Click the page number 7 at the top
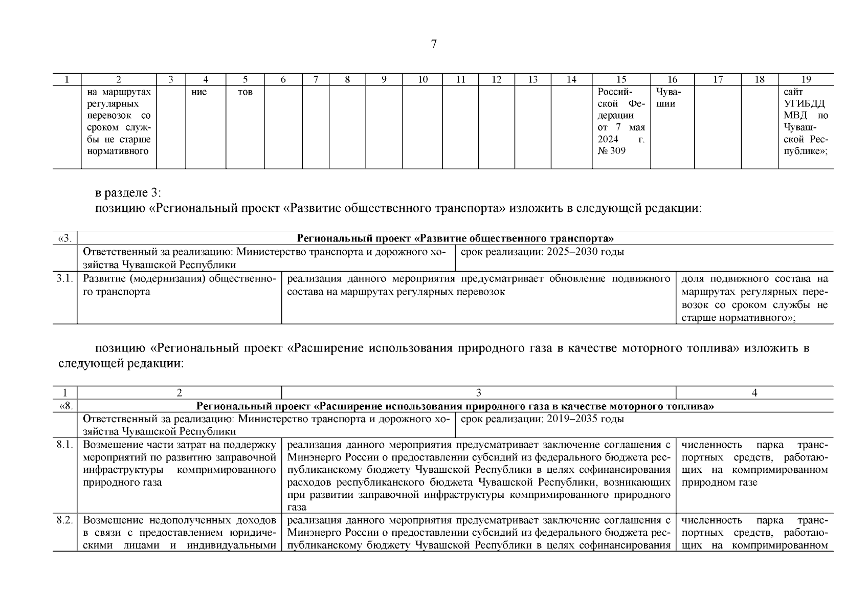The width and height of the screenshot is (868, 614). click(x=434, y=44)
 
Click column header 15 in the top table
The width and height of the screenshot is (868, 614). click(x=621, y=79)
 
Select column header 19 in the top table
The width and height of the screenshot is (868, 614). click(x=806, y=79)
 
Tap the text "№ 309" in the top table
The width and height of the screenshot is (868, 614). click(x=611, y=151)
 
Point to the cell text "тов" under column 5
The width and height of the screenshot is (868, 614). click(x=245, y=92)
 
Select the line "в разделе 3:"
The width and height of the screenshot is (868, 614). click(x=128, y=193)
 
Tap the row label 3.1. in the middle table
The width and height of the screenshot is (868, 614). click(x=65, y=279)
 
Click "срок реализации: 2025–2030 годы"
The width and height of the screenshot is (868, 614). click(x=542, y=252)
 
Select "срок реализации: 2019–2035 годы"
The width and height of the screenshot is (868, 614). click(x=542, y=419)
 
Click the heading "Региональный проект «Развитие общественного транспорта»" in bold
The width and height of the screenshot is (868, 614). click(x=455, y=238)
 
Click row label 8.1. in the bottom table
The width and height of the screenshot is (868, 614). click(x=65, y=445)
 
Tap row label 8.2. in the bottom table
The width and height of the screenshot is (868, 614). click(x=65, y=520)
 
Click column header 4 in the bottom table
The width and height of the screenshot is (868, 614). click(x=754, y=393)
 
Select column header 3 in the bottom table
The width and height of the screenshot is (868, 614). click(x=478, y=393)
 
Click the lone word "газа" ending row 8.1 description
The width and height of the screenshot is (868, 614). click(x=297, y=508)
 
